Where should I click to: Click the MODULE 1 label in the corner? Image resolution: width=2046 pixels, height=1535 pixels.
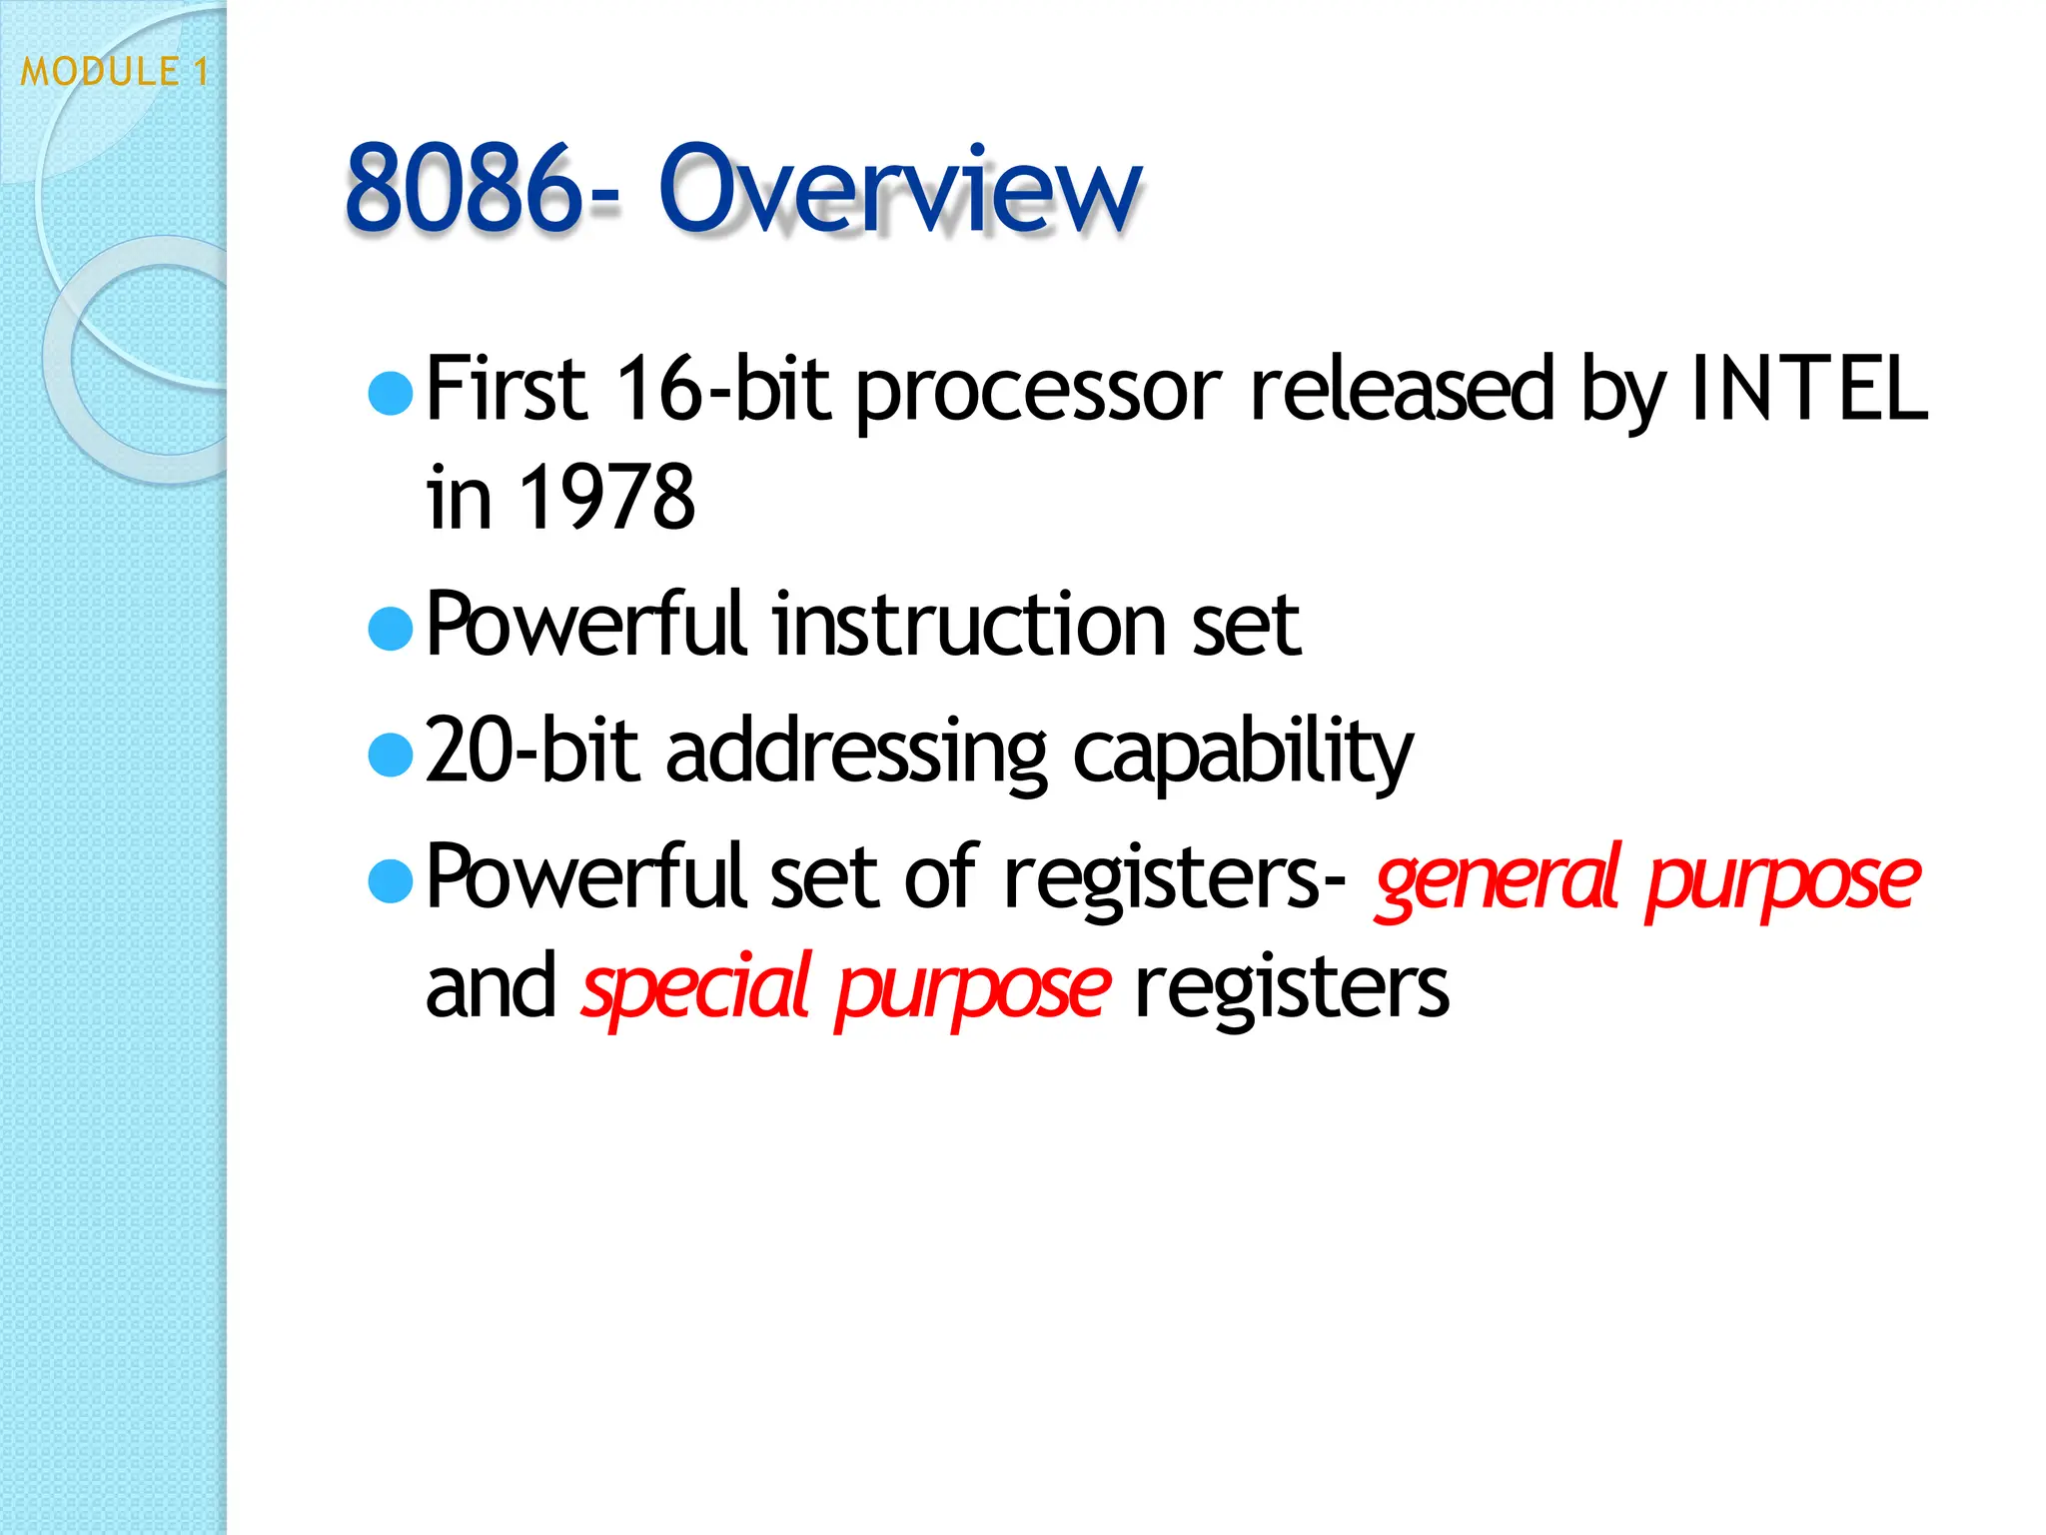(115, 72)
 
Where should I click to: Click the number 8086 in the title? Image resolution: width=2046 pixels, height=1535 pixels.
(462, 188)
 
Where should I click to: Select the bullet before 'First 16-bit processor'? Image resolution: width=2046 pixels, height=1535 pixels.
(391, 393)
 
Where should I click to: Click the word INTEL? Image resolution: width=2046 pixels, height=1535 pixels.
(1808, 390)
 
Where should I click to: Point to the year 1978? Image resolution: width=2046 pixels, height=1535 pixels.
(606, 498)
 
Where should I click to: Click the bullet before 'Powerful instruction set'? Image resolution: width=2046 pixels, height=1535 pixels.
(391, 629)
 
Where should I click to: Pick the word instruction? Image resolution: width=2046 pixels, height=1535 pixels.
(969, 626)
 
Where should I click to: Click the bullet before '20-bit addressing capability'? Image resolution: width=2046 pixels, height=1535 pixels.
(391, 755)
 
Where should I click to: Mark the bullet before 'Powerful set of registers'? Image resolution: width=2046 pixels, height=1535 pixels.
(391, 880)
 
